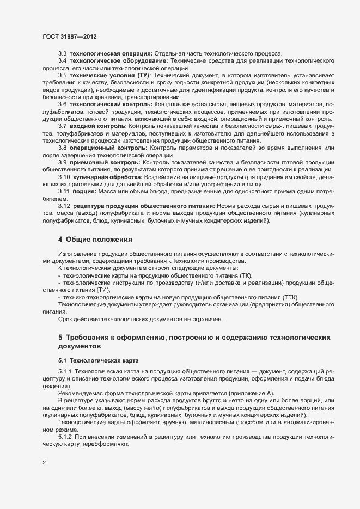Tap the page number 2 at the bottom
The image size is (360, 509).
[x=44, y=464]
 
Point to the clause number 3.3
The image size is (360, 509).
[x=63, y=53]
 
